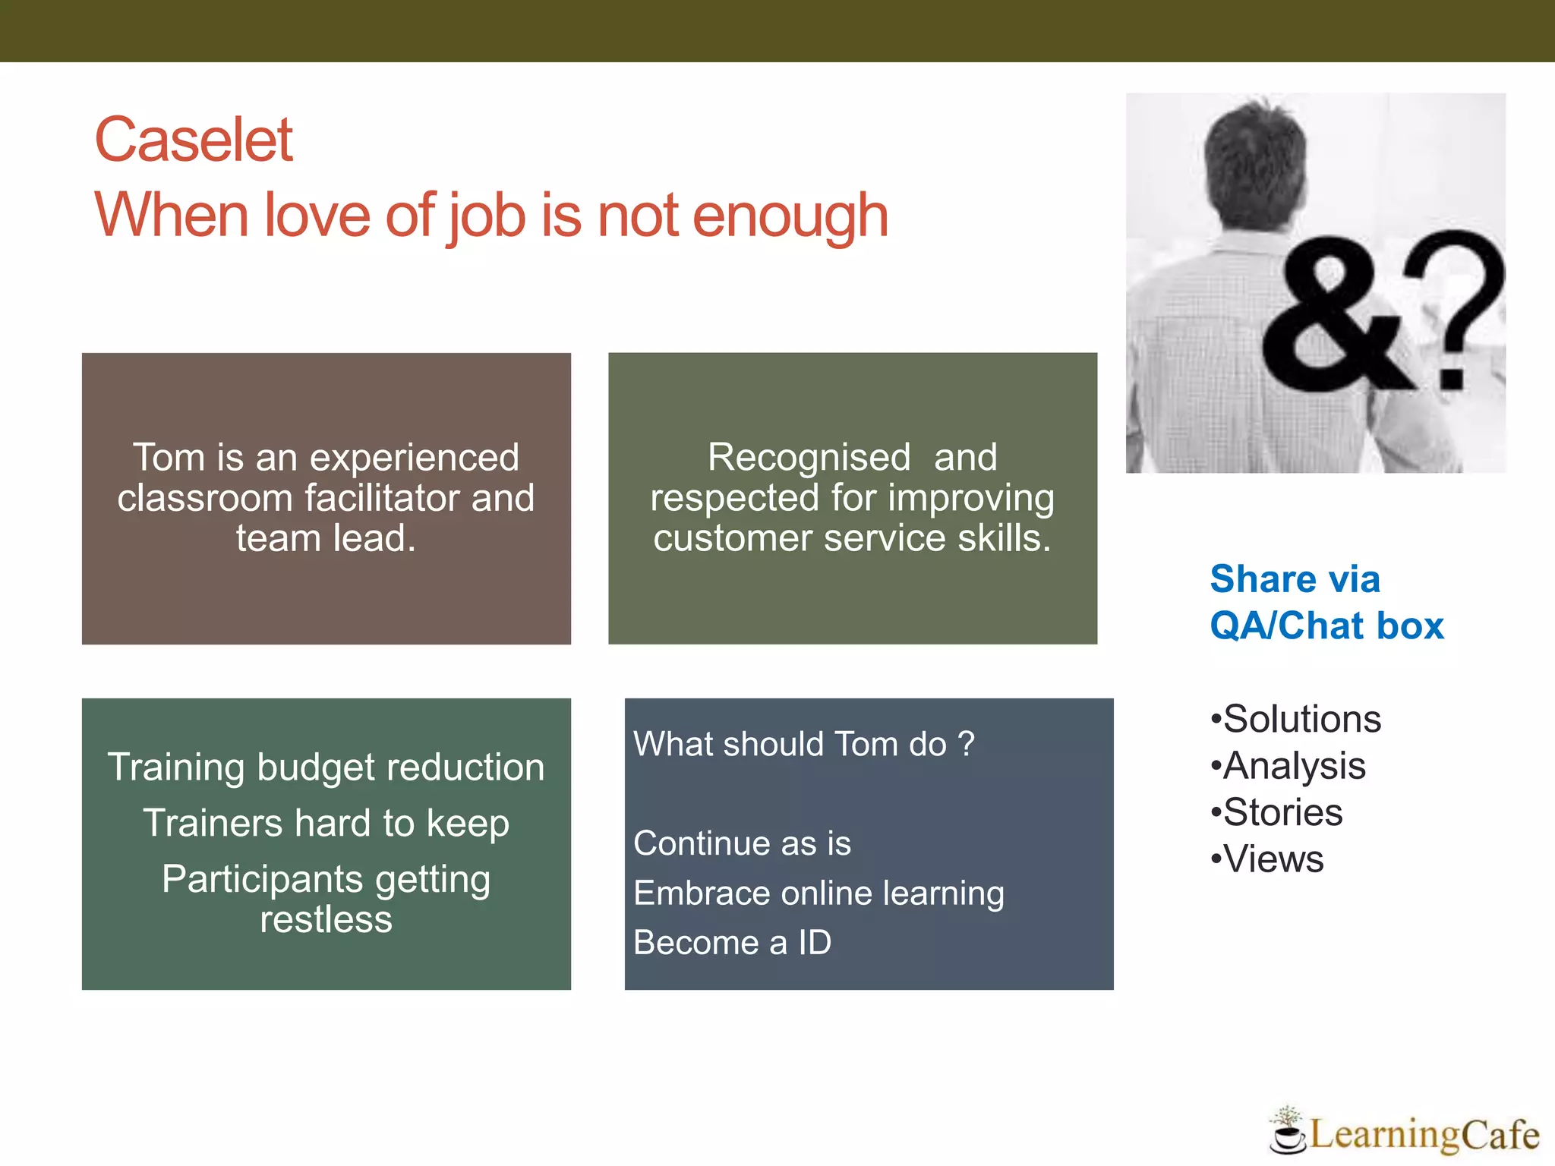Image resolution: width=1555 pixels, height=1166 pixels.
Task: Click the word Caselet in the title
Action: tap(194, 140)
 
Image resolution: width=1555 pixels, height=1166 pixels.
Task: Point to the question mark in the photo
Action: tap(1454, 304)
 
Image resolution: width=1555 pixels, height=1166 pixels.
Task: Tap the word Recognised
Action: tap(809, 458)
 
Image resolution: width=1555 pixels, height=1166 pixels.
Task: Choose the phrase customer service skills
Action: tap(852, 539)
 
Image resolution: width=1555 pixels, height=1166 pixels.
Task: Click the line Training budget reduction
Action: tap(326, 767)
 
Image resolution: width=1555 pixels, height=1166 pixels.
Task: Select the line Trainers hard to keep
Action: tap(326, 824)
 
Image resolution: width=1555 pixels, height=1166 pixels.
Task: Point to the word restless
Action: tap(326, 920)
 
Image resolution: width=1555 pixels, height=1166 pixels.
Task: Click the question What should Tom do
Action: tap(803, 745)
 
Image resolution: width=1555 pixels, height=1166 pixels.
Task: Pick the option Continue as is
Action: tap(742, 844)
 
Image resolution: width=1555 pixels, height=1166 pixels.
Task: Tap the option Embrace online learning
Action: tap(819, 893)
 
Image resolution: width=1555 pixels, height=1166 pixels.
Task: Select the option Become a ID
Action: tap(732, 944)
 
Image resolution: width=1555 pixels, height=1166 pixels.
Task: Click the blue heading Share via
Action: tap(1295, 579)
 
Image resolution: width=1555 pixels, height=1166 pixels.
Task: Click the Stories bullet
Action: tap(1282, 813)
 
